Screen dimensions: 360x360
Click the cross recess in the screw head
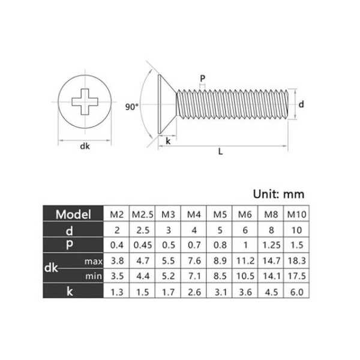(x=85, y=102)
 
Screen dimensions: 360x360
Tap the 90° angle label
(x=132, y=107)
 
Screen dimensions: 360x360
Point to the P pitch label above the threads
(x=202, y=79)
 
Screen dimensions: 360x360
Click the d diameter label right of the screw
(x=301, y=104)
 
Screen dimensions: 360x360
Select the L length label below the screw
(x=220, y=152)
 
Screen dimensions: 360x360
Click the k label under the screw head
(x=168, y=141)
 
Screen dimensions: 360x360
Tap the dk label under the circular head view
(x=85, y=146)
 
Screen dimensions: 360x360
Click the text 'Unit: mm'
(x=279, y=194)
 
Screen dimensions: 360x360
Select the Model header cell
(x=73, y=214)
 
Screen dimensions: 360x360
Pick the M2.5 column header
(x=142, y=214)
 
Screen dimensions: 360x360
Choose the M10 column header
(x=296, y=214)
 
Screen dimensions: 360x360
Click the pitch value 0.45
(x=143, y=245)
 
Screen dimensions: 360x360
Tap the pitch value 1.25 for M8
(x=271, y=245)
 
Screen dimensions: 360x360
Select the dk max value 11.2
(x=245, y=261)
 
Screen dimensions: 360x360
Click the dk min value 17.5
(x=296, y=276)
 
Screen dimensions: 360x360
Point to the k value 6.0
(x=296, y=292)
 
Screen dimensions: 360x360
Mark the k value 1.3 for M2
(x=117, y=292)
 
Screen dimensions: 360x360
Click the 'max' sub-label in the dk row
(x=94, y=261)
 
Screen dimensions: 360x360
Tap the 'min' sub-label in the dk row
(x=94, y=276)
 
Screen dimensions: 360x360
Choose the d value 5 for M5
(x=220, y=230)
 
